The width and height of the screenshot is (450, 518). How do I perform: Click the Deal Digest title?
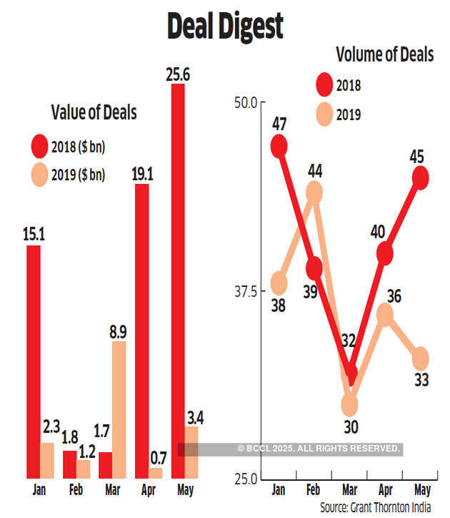pos(224,26)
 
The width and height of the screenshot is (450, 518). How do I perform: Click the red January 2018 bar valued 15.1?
pos(33,361)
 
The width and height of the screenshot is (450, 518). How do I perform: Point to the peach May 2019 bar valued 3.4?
pos(191,452)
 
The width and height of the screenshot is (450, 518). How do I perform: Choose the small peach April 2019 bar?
pos(155,473)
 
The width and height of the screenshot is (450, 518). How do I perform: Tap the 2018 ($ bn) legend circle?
pos(38,147)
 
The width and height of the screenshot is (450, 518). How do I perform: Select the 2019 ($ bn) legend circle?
pos(38,174)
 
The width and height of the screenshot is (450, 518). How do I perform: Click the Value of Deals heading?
pos(94,112)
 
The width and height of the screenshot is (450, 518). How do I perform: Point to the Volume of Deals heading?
pos(384,55)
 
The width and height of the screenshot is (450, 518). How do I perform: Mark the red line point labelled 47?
pos(279,146)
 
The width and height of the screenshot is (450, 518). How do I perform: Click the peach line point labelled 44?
pos(314,192)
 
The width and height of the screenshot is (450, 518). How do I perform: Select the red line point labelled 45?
pos(421,177)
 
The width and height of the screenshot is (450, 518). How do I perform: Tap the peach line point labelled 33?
pos(421,358)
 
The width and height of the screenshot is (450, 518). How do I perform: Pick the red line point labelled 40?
pos(385,253)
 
